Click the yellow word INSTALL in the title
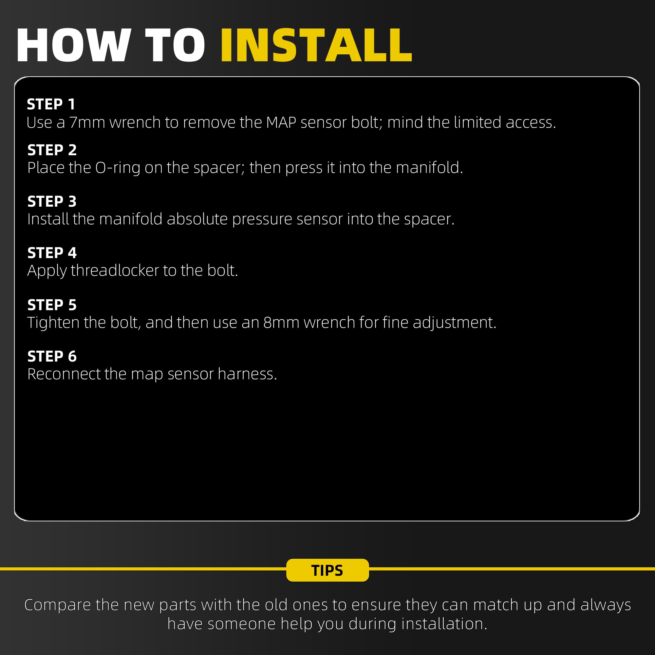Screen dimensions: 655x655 (x=316, y=45)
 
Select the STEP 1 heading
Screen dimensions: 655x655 (x=51, y=104)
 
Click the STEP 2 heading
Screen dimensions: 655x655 (x=52, y=150)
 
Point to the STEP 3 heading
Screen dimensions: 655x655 (x=52, y=201)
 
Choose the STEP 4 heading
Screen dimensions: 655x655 (x=52, y=253)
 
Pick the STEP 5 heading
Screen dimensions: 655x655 (x=52, y=305)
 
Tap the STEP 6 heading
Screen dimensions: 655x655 (x=52, y=356)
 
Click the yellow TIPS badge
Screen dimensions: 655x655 (x=327, y=570)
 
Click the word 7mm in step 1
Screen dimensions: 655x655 (x=87, y=122)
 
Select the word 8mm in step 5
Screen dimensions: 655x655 (x=281, y=322)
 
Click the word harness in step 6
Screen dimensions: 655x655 (x=247, y=374)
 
